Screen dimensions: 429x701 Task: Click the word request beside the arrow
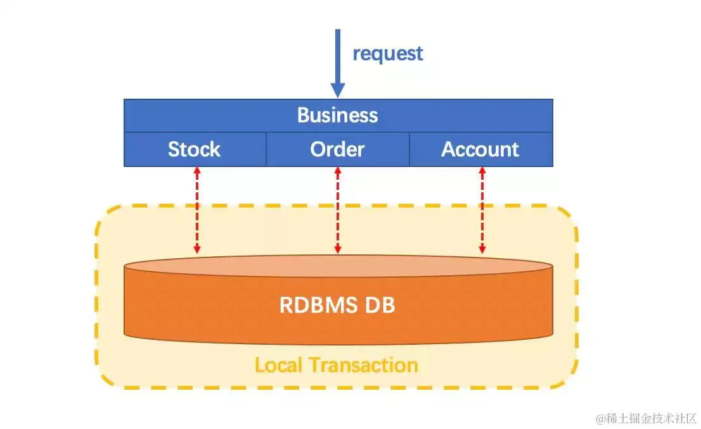[387, 54]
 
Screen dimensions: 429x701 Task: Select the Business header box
[338, 115]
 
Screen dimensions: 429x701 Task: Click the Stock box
[195, 149]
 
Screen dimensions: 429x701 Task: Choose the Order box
[338, 149]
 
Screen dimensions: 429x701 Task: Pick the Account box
[480, 149]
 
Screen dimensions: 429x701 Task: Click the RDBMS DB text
[337, 305]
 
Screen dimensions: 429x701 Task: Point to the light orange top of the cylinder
[338, 266]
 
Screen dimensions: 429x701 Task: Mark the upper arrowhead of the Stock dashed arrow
[197, 171]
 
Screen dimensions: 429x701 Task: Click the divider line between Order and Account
[409, 149]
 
